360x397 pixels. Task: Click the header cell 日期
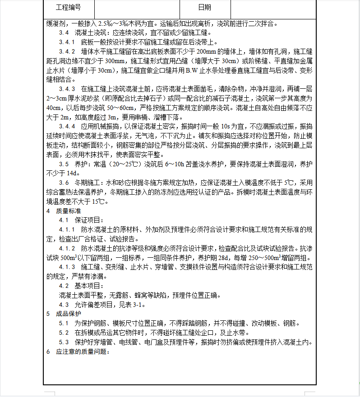tap(204, 8)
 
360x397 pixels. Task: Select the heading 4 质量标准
tap(65, 211)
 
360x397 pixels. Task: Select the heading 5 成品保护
tap(65, 314)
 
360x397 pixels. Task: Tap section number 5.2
tap(64, 333)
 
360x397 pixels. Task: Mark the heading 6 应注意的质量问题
tap(78, 351)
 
